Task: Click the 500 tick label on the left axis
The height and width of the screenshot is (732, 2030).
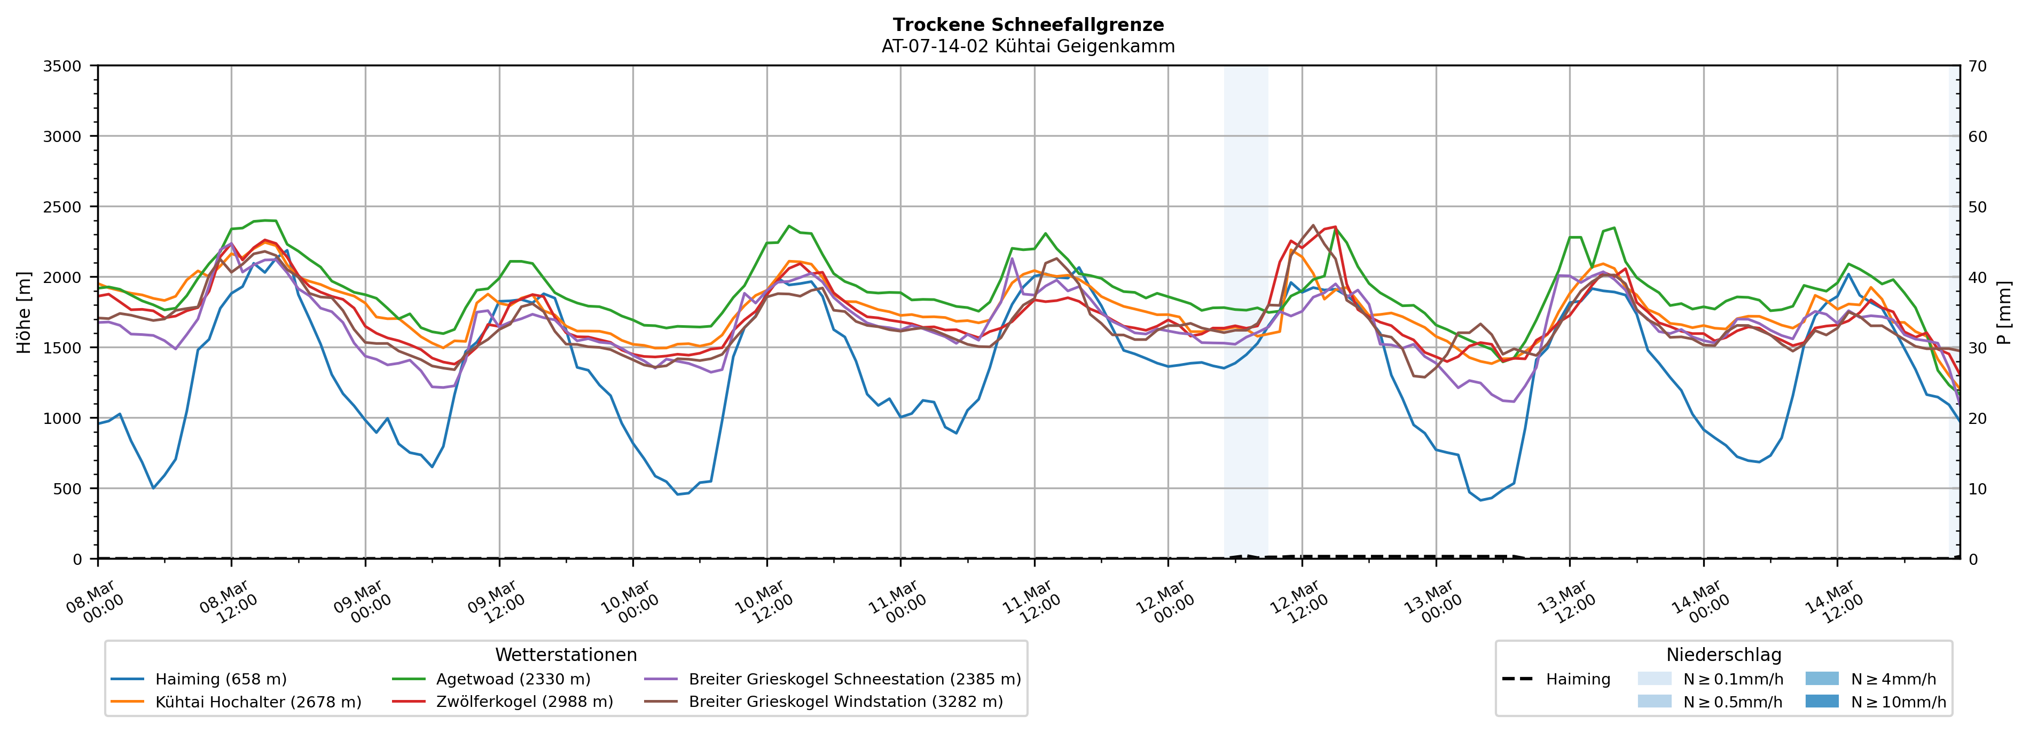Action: (67, 489)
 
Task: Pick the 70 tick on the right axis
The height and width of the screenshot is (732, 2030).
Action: (1977, 66)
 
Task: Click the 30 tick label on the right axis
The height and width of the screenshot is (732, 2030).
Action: (1977, 348)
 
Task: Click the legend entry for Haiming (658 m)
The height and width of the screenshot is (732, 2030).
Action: (221, 679)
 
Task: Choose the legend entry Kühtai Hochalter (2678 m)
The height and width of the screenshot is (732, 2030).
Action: (258, 702)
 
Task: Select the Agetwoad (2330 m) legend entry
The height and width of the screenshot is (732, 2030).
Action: (513, 679)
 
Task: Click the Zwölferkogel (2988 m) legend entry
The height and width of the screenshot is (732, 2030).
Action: (524, 702)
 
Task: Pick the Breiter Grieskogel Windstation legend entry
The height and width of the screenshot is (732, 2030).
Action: (845, 702)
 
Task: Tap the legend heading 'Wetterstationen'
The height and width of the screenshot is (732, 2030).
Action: (566, 655)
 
